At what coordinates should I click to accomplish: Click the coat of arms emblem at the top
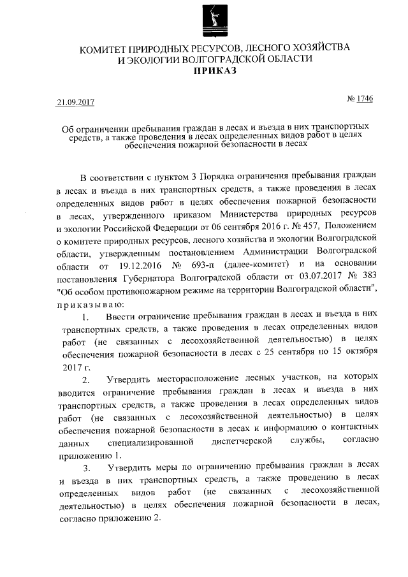point(210,21)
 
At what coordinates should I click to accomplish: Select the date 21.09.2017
point(75,101)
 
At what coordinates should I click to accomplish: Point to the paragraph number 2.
point(87,380)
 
